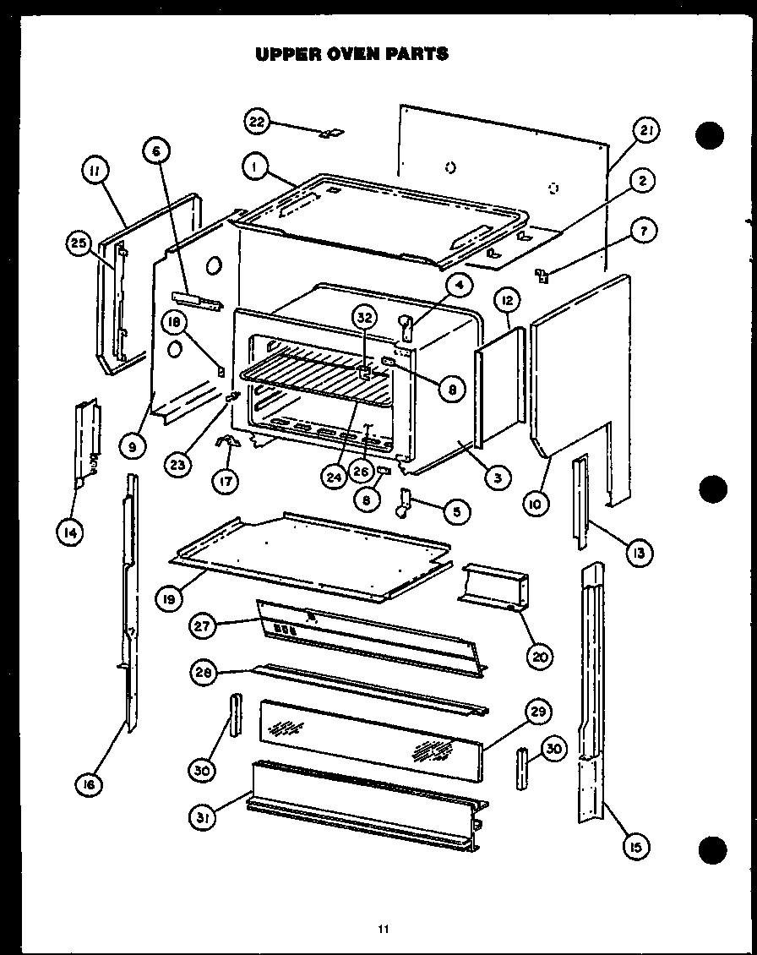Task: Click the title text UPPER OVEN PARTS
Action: coord(351,54)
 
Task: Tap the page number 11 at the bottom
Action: coord(383,930)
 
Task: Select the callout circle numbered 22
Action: coord(257,122)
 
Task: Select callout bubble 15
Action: coord(633,845)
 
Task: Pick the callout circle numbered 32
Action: coord(364,319)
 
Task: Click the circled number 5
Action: coord(455,510)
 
